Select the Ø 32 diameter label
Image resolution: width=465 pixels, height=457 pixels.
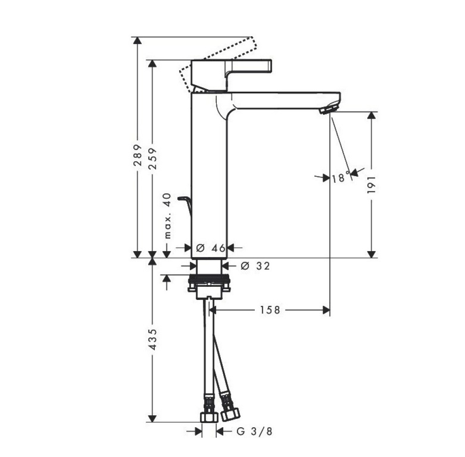pos(255,266)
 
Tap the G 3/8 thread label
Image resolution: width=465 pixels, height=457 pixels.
pos(254,431)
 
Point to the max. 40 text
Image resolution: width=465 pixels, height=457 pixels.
pos(168,216)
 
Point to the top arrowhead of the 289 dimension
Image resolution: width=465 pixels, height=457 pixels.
pos(137,40)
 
